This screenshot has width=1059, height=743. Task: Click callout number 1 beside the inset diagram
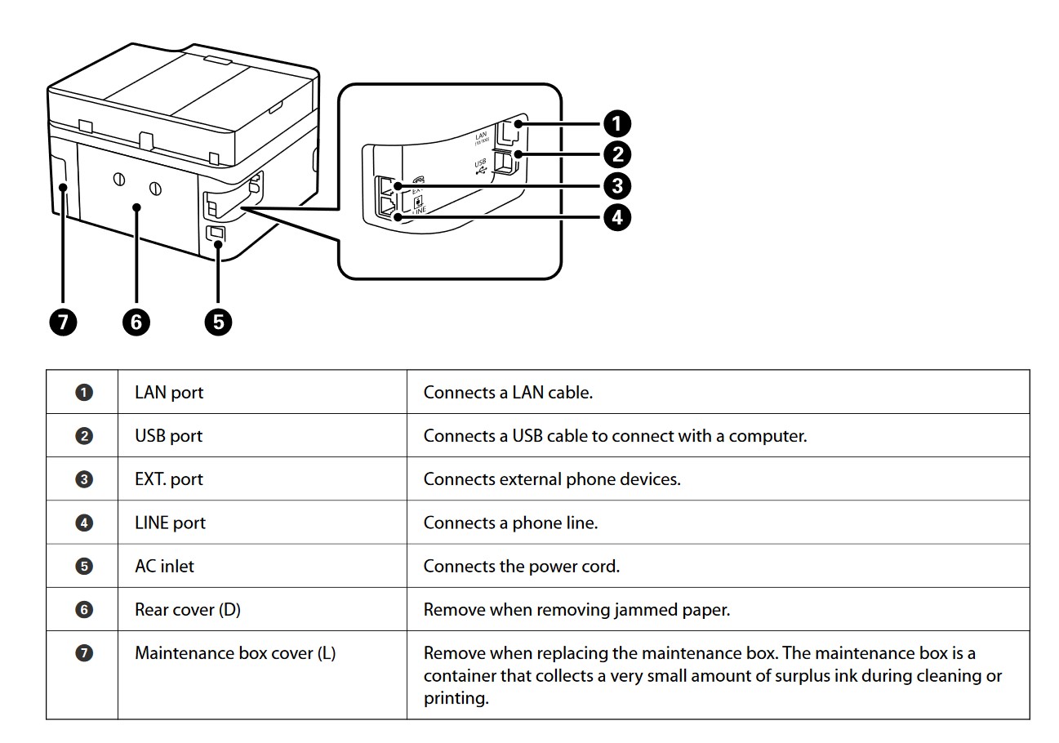click(616, 124)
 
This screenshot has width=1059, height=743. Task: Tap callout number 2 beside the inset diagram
click(616, 154)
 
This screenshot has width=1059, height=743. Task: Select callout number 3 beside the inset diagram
click(616, 185)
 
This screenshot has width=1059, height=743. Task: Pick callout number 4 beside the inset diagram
click(616, 217)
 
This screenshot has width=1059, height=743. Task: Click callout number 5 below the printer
click(218, 322)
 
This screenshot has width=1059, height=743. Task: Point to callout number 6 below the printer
click(136, 322)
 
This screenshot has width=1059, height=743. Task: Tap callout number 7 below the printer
click(62, 322)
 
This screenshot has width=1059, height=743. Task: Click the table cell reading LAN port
click(169, 392)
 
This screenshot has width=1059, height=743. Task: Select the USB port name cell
click(168, 436)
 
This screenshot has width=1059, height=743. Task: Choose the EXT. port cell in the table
click(168, 479)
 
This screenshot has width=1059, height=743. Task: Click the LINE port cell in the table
click(170, 523)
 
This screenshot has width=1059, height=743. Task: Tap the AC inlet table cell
click(164, 566)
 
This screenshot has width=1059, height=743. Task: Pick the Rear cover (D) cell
click(187, 609)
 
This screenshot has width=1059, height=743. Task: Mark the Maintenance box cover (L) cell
click(235, 653)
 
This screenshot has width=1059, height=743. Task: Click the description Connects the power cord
click(521, 566)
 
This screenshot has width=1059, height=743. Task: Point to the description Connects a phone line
click(510, 523)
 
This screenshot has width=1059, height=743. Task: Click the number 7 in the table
click(83, 653)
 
